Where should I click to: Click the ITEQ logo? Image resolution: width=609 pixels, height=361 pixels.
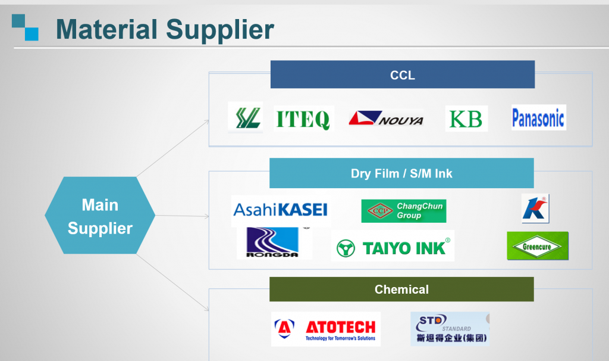(x=303, y=119)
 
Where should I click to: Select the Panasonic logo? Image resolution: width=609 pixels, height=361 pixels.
(x=538, y=118)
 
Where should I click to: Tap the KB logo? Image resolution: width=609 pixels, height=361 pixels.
(x=466, y=119)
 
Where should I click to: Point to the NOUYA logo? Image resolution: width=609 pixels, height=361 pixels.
(x=386, y=118)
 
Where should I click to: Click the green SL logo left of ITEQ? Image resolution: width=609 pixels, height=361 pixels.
(x=245, y=117)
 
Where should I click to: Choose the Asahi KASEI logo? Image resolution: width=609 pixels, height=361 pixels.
(x=280, y=210)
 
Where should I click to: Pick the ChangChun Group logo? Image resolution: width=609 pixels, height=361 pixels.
(x=403, y=211)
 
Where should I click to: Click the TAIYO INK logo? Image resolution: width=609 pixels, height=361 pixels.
(x=393, y=247)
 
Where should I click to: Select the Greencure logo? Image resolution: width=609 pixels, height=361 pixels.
(x=537, y=246)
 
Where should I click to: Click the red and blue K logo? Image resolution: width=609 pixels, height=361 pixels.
(x=535, y=208)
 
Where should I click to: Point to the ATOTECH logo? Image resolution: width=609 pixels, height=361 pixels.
(x=325, y=329)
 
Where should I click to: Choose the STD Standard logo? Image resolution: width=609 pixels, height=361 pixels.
(x=450, y=329)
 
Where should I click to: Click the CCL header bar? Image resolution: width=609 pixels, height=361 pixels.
(x=402, y=75)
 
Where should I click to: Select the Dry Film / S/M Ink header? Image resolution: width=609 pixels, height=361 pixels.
(x=401, y=173)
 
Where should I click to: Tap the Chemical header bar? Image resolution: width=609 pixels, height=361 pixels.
(x=401, y=290)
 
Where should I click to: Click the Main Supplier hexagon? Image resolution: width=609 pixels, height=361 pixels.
(x=100, y=216)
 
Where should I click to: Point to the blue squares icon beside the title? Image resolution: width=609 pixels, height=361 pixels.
(x=25, y=27)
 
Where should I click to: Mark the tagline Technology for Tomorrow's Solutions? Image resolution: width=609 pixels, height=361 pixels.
(x=340, y=338)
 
